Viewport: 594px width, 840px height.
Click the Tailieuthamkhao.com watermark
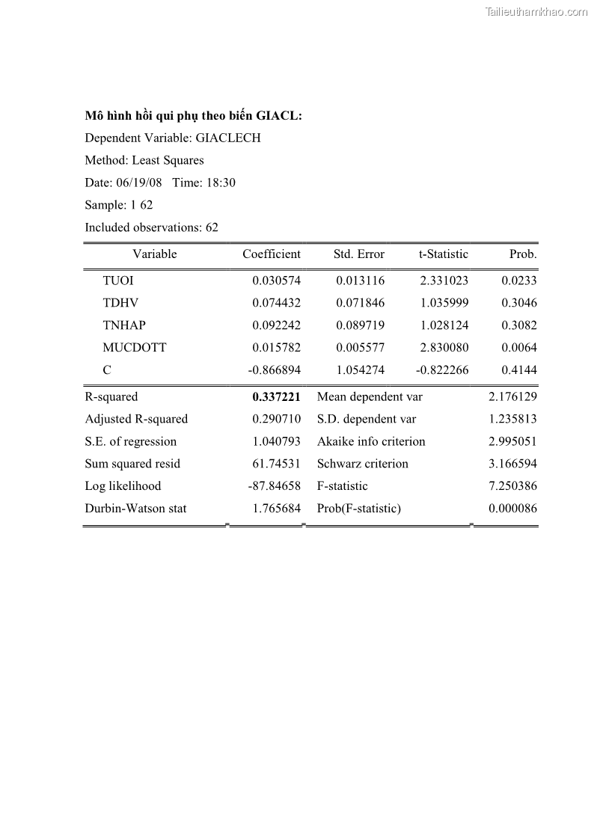536,12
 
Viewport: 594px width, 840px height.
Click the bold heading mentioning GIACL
193,116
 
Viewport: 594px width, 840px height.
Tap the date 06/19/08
139,183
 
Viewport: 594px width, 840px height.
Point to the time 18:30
221,183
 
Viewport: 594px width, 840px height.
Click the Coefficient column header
271,254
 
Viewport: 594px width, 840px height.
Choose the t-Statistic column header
443,254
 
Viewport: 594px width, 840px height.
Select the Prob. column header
523,254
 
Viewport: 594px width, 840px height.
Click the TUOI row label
118,280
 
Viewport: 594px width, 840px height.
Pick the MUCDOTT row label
135,348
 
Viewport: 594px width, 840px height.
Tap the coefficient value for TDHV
276,303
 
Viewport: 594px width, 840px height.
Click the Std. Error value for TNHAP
360,325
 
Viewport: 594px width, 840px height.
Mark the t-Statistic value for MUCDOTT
444,348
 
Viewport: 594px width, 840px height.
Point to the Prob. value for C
518,370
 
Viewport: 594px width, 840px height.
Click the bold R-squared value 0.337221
276,397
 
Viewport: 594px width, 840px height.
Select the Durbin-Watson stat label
135,509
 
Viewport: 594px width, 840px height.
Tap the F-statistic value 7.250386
512,486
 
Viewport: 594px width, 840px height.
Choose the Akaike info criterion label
371,441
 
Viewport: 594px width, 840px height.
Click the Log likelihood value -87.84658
274,486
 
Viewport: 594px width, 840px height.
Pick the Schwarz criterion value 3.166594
512,464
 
